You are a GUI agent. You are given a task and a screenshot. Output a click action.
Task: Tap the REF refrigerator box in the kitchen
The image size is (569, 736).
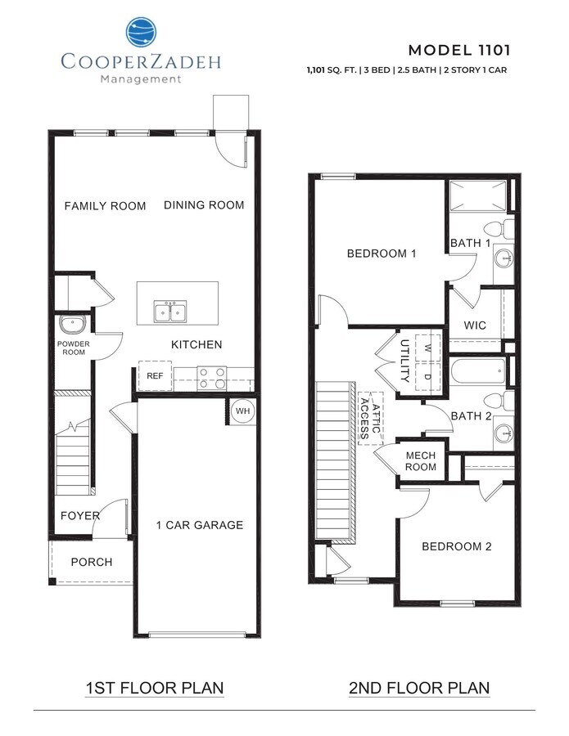(x=154, y=375)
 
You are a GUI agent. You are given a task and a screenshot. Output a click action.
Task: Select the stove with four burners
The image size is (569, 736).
(x=212, y=376)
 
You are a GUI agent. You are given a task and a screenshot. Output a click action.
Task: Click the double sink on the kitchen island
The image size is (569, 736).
(x=171, y=312)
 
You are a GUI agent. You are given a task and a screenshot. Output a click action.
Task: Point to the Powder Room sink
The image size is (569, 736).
(x=70, y=324)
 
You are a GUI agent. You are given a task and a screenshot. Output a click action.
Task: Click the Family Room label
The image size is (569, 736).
(x=106, y=206)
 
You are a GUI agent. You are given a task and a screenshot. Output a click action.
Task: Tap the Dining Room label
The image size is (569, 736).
(x=204, y=205)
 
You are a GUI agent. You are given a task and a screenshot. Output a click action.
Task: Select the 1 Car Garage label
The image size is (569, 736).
(x=200, y=525)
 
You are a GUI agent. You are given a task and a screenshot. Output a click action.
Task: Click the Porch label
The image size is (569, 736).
(x=92, y=562)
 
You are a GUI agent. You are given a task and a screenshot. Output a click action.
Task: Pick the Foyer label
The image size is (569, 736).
(x=80, y=516)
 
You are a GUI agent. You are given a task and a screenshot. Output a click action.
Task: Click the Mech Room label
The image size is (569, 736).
(x=421, y=461)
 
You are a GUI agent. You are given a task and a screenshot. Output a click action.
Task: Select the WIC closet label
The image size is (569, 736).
(x=475, y=325)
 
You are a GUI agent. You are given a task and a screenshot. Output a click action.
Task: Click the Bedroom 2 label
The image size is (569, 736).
(x=456, y=546)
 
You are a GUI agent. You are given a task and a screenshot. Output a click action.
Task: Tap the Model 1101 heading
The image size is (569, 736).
(x=458, y=50)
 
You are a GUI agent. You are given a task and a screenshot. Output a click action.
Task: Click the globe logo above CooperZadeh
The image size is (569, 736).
(x=142, y=33)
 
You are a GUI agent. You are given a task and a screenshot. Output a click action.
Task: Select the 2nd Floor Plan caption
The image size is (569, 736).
(x=419, y=688)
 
